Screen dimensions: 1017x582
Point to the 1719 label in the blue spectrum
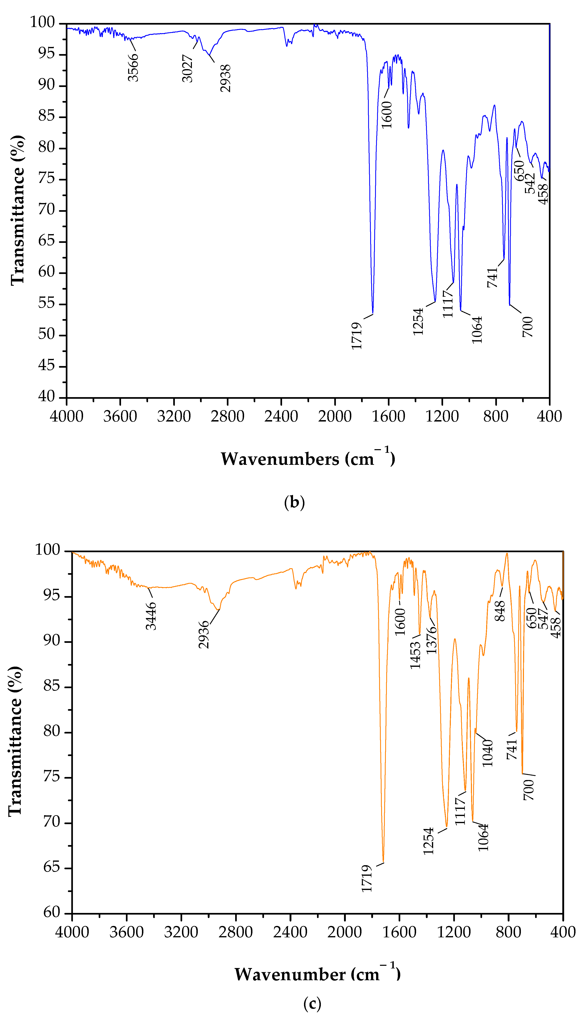point(357,336)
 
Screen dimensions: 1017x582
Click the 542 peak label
point(530,183)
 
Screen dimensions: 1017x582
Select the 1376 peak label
point(431,640)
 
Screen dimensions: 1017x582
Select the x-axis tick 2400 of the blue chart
point(281,416)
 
